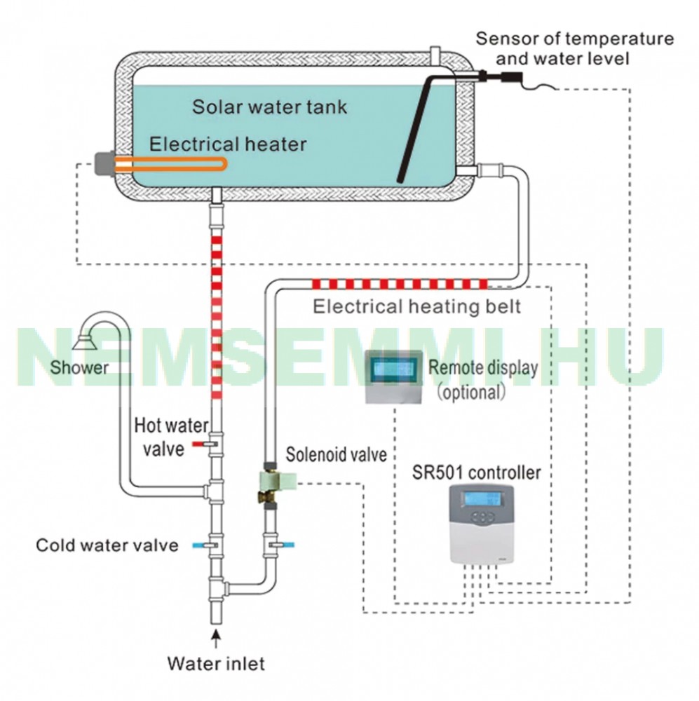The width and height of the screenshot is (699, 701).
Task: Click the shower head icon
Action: pos(85,342)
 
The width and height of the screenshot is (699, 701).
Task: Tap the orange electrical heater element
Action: pos(170,164)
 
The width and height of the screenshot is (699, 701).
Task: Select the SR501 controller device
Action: pos(481,524)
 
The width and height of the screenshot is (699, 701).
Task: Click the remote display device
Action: pos(394,377)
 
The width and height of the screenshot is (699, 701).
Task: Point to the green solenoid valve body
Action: pos(278,480)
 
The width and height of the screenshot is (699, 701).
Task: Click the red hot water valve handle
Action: pos(198,444)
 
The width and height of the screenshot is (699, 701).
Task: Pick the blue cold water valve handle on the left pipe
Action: pos(198,545)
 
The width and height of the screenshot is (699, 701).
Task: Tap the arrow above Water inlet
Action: pos(217,639)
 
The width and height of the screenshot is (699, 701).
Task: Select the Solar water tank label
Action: pos(270,107)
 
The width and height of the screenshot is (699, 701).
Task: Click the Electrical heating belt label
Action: pos(417,307)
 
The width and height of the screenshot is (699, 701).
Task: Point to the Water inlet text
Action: pos(216,663)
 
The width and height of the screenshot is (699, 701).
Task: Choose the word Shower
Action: pos(79,367)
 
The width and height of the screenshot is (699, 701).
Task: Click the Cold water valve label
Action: pos(107,545)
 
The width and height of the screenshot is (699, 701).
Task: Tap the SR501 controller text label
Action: pos(476,472)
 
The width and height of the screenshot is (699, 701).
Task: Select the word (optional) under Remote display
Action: pos(471,393)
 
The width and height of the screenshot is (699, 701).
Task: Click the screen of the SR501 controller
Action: pos(482,498)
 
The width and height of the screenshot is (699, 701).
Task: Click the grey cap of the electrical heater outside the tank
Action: pos(104,163)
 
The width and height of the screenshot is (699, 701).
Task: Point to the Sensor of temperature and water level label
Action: pos(575,48)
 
